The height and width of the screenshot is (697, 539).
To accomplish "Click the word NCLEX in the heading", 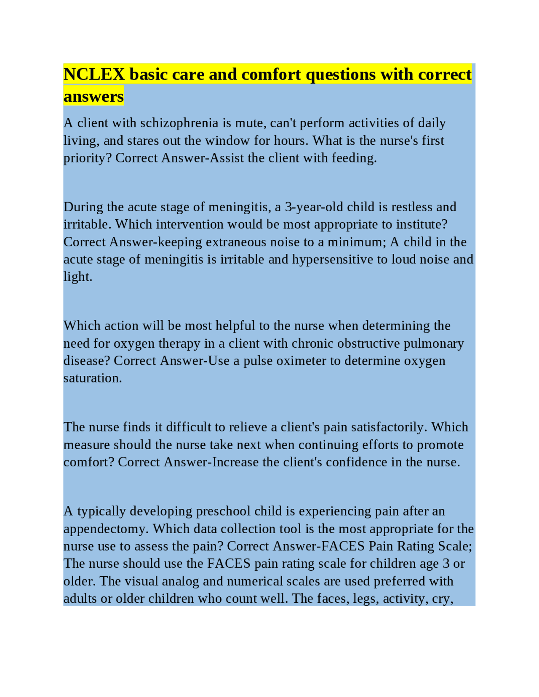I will (94, 74).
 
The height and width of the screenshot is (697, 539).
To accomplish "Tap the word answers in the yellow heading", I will (93, 96).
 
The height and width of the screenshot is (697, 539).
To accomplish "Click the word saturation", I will (93, 378).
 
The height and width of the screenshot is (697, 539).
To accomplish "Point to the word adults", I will (80, 599).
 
